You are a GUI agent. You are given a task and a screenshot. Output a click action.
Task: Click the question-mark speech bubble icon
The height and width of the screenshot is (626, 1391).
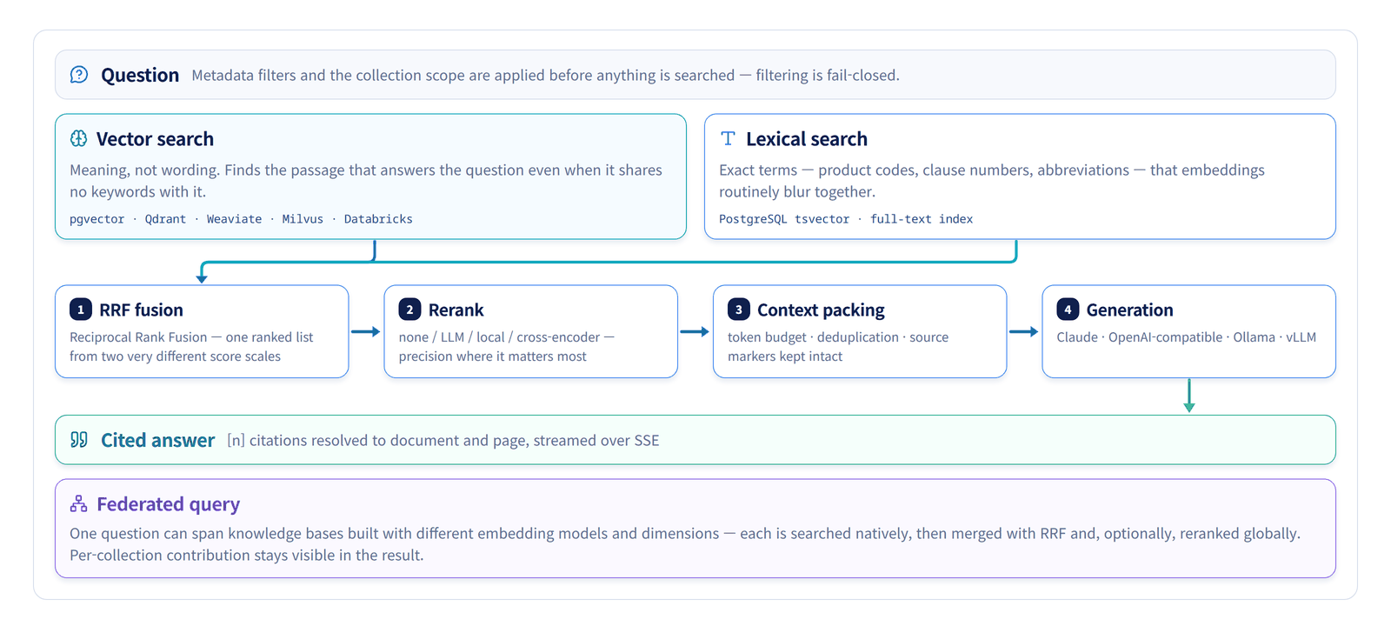(x=79, y=75)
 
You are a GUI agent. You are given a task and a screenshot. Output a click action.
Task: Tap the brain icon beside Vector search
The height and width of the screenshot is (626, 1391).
(x=79, y=138)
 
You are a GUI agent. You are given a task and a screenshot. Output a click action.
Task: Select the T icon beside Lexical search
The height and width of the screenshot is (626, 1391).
(x=728, y=138)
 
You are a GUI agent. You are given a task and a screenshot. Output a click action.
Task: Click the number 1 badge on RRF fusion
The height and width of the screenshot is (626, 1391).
(x=81, y=310)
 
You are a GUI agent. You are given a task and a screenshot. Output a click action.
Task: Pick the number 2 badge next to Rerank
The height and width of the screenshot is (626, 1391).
(x=409, y=310)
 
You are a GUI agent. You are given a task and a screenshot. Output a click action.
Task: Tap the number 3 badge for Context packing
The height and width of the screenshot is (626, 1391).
(x=739, y=310)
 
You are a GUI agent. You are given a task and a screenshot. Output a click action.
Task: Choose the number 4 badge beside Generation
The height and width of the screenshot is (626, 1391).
(x=1068, y=310)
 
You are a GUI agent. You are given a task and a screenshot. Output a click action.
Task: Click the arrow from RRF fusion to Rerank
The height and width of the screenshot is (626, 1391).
(x=366, y=331)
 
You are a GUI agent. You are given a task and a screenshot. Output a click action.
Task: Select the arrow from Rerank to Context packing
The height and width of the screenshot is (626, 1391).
(x=695, y=331)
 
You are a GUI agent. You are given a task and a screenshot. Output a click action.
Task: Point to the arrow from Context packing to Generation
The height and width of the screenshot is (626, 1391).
(x=1024, y=331)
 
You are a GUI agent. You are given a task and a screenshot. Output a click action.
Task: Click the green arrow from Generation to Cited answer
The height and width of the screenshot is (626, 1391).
(x=1189, y=396)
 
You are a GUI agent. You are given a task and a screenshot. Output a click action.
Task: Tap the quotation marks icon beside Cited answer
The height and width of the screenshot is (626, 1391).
(x=79, y=440)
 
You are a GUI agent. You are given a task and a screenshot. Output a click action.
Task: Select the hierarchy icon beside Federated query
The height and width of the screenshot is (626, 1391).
(x=79, y=503)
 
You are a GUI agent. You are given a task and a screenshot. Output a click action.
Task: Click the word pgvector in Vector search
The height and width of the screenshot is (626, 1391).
(x=97, y=219)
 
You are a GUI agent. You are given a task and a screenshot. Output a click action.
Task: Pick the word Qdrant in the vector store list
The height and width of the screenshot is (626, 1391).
(x=165, y=218)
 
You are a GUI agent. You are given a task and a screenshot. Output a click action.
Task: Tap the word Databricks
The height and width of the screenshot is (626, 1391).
(x=378, y=218)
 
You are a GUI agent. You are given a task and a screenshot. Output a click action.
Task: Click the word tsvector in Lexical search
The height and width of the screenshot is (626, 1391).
(x=822, y=218)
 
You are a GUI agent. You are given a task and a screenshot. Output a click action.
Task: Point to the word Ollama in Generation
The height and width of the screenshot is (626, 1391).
(x=1254, y=337)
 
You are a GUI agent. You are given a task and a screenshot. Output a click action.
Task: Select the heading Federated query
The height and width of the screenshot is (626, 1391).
(x=169, y=504)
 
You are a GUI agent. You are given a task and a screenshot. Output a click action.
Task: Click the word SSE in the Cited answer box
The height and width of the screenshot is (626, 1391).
(x=647, y=440)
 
